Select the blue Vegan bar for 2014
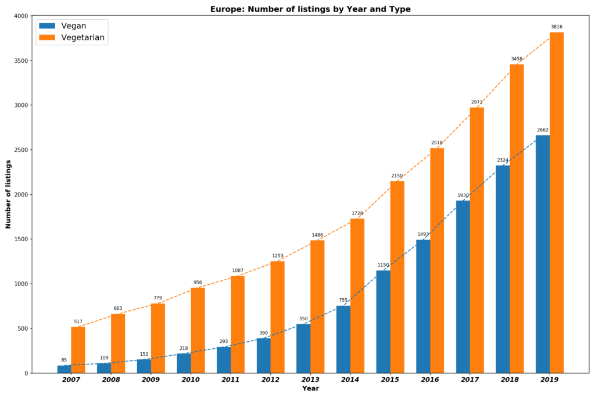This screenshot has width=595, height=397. point(343,339)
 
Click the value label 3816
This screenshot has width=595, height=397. point(557,27)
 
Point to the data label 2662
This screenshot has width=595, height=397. point(543,130)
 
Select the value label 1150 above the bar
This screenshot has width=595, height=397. point(383,265)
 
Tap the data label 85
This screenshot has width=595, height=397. point(64,360)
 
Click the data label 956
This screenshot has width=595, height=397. point(198,282)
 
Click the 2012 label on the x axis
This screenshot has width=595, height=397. point(270,380)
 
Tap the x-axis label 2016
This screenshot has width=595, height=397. point(430,380)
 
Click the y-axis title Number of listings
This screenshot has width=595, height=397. point(8,194)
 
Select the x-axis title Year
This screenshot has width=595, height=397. point(310,389)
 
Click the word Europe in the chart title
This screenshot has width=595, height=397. point(225,9)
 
